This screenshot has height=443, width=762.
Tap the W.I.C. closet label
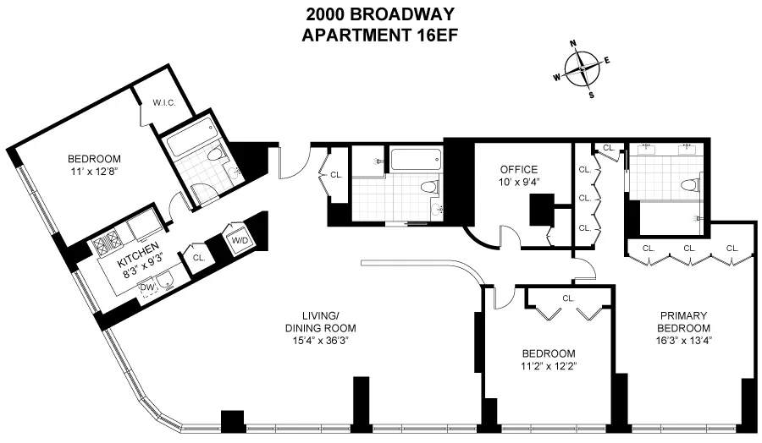(x=163, y=102)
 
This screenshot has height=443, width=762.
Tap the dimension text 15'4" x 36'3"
(x=320, y=341)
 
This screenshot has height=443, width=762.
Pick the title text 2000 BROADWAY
(x=380, y=14)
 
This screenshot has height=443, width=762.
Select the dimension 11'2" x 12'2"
(x=549, y=366)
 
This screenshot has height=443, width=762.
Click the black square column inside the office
(x=541, y=209)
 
